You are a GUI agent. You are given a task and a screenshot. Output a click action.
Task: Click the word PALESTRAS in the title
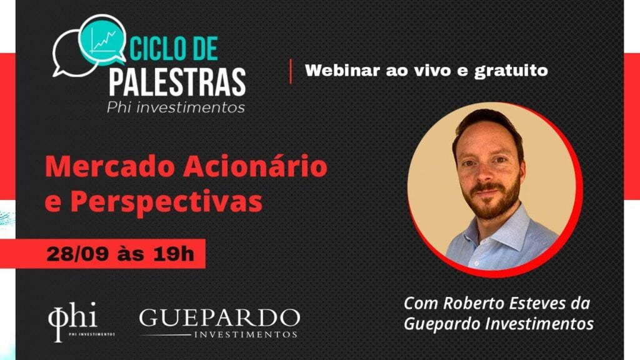tap(177, 82)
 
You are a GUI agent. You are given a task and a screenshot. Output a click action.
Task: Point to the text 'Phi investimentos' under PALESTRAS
tap(176, 107)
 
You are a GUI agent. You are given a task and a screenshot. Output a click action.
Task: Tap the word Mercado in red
tap(110, 167)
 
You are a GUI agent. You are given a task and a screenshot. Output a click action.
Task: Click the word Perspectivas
tap(166, 202)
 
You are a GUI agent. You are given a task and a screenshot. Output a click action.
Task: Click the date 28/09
tap(77, 254)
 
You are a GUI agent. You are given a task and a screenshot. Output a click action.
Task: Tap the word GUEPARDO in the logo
tap(219, 318)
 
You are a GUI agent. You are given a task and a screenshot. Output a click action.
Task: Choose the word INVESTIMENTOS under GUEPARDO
tap(245, 334)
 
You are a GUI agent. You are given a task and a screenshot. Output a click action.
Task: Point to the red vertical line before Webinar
tap(291, 71)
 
